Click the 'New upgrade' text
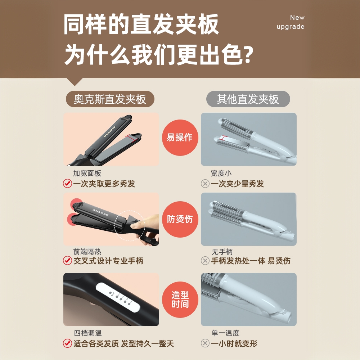(x=290, y=22)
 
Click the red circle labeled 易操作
(x=180, y=138)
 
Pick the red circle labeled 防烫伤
(x=180, y=219)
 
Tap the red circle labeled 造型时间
(x=180, y=300)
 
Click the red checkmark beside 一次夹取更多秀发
(x=67, y=184)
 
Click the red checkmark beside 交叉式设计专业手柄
(x=67, y=261)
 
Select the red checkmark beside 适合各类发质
(x=67, y=343)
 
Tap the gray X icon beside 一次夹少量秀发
(x=205, y=184)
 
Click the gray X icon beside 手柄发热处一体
(x=205, y=261)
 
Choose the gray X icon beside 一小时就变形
(x=205, y=343)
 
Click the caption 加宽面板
(x=87, y=174)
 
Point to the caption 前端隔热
(x=87, y=252)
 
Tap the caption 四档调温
(x=87, y=334)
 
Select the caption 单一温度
(x=225, y=333)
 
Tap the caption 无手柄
(x=222, y=252)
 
